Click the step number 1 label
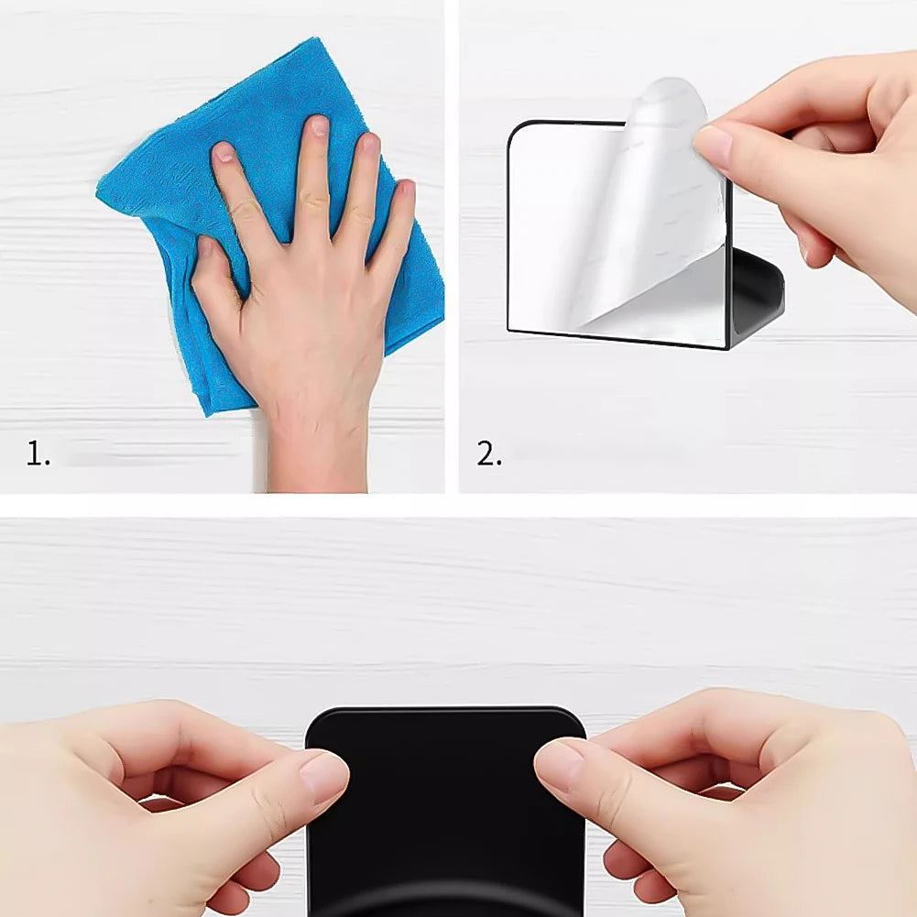point(38,453)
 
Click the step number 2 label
point(489,453)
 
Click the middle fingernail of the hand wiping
point(318,127)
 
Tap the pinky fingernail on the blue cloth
point(404,191)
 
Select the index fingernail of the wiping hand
point(224,153)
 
